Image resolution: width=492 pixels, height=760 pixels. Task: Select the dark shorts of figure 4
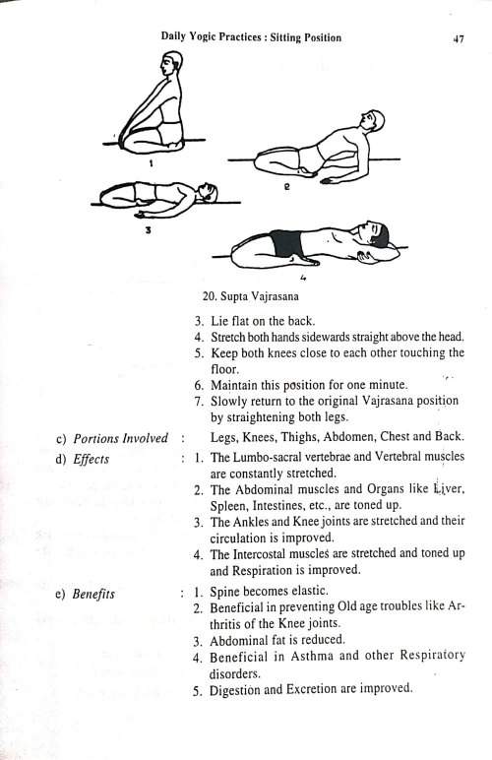(293, 242)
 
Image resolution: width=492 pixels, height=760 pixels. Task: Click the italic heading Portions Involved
(121, 438)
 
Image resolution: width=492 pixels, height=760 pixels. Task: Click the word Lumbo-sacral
(268, 458)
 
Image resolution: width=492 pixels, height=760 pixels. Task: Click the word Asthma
(316, 656)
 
